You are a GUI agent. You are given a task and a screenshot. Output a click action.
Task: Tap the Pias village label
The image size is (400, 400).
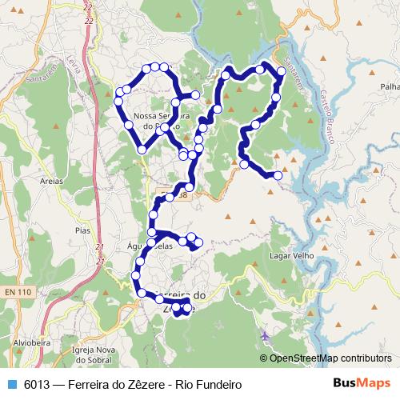click(81, 230)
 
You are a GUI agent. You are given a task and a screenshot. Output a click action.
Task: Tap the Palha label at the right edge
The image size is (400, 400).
click(390, 86)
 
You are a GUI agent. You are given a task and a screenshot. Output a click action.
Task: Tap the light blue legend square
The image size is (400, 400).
click(11, 383)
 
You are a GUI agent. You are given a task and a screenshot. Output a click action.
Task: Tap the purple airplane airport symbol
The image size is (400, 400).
click(265, 335)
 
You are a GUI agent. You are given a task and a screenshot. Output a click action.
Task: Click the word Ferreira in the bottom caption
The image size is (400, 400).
click(90, 383)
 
